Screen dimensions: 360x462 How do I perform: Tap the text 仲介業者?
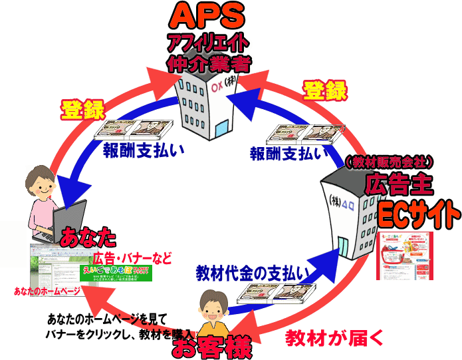tap(208, 65)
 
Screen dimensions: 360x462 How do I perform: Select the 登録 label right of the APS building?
tap(325, 90)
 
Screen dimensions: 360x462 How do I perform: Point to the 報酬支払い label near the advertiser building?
tap(289, 154)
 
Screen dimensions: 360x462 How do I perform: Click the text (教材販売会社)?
tap(390, 162)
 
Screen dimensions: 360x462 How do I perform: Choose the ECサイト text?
tap(417, 214)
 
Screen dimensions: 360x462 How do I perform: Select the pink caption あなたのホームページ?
tap(47, 291)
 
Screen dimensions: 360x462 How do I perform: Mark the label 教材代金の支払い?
tap(253, 273)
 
